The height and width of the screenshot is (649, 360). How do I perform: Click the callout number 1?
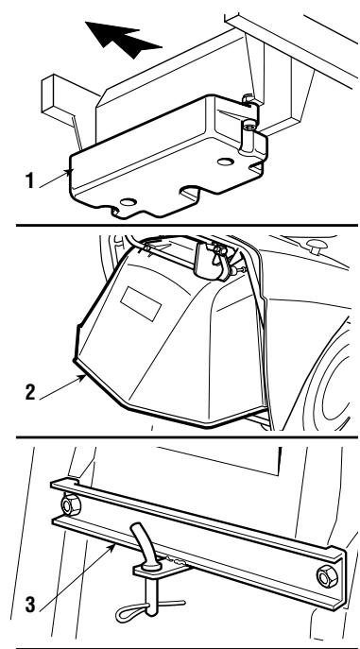[x=29, y=180]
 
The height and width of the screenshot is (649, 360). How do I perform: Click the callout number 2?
[x=30, y=392]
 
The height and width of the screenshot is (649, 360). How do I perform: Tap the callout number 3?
[x=30, y=605]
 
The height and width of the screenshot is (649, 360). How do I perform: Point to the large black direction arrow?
[x=122, y=38]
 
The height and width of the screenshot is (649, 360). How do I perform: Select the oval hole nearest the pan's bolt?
[x=226, y=162]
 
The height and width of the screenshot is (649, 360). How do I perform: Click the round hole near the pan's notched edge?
[x=129, y=202]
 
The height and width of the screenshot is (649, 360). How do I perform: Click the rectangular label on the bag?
[x=141, y=304]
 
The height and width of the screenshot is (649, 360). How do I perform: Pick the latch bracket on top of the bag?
[x=214, y=261]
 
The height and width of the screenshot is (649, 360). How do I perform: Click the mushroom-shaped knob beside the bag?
[x=317, y=247]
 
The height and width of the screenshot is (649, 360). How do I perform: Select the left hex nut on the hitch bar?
[x=71, y=505]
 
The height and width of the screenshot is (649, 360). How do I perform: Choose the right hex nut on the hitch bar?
[x=327, y=577]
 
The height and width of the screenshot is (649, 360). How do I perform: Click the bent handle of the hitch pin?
[x=146, y=543]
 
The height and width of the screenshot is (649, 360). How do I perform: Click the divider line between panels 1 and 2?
[x=187, y=225]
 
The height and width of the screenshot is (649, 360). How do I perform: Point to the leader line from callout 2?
[x=63, y=387]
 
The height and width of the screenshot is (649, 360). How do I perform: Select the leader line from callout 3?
[x=77, y=577]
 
